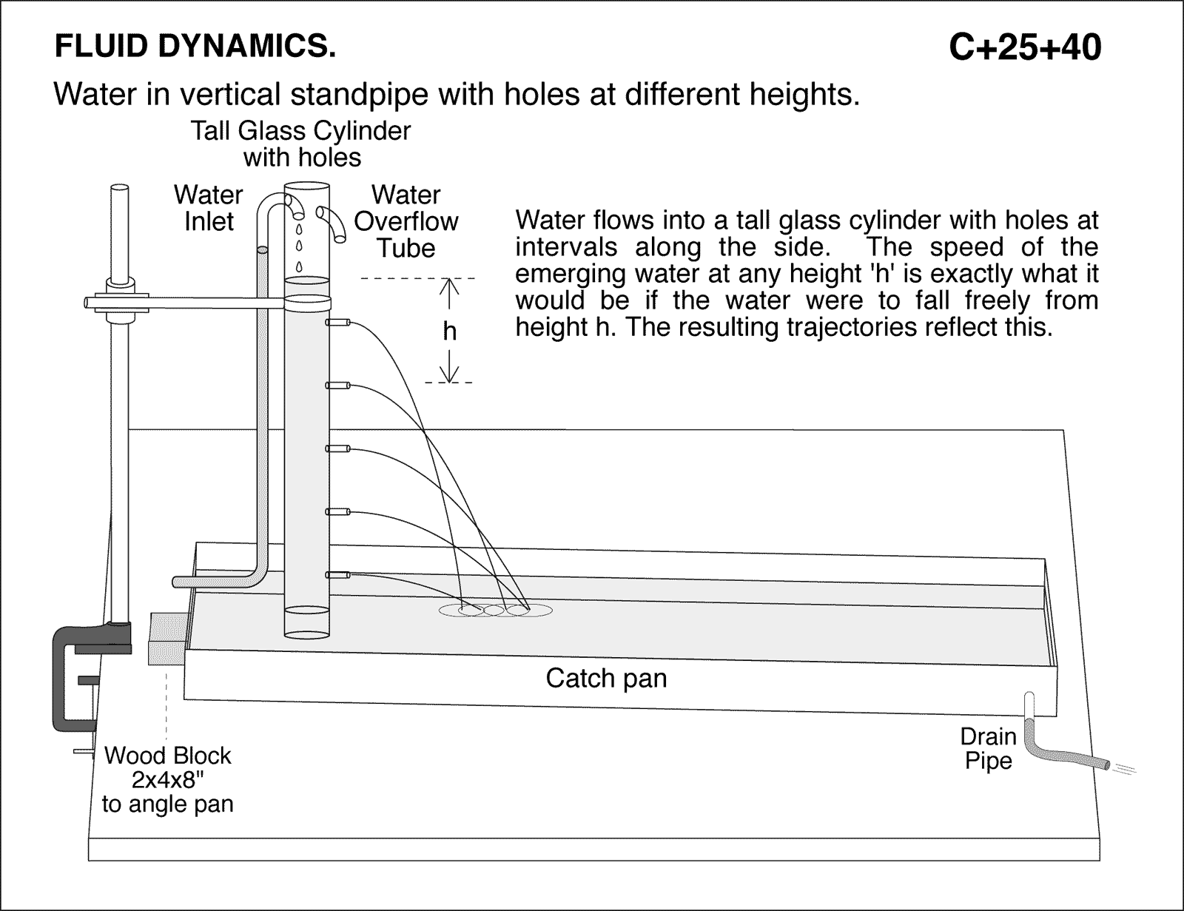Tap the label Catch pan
[606, 678]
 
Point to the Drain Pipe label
[988, 748]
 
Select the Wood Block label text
[168, 756]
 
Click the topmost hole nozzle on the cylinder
[337, 323]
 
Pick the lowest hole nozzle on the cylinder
[337, 574]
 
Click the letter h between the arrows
[449, 331]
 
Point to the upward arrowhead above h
[449, 285]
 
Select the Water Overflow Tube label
[406, 221]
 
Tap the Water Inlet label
[209, 208]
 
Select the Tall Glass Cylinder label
[300, 144]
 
